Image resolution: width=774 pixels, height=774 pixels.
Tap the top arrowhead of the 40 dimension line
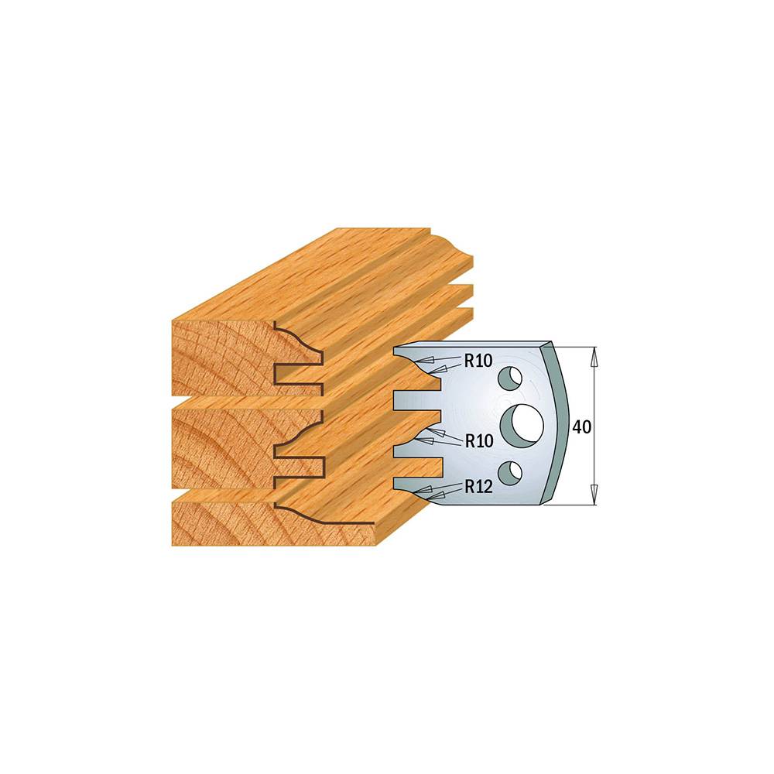click(x=594, y=356)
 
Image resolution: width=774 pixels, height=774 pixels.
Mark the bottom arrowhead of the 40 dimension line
click(x=594, y=495)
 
